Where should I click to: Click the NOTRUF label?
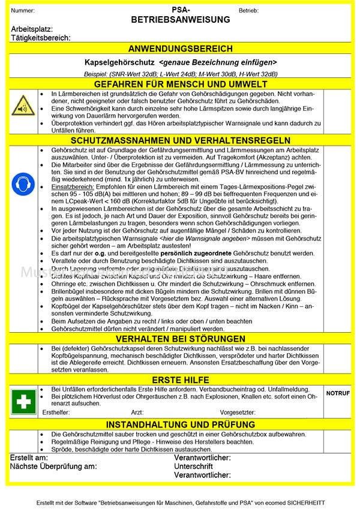point(338,393)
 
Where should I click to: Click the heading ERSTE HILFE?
point(181,380)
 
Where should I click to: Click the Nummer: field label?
point(23,11)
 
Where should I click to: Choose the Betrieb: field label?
point(248,11)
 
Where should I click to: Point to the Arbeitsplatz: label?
point(32,29)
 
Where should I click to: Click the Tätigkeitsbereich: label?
point(41,38)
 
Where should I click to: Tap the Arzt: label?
point(137,413)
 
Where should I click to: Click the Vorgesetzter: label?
point(238,413)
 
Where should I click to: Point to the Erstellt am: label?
point(29,458)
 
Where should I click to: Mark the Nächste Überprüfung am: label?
point(53,466)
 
